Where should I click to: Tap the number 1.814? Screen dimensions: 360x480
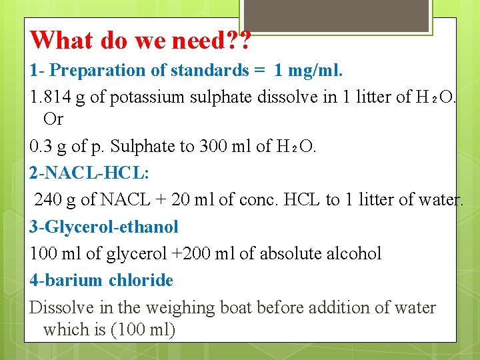[x=49, y=97]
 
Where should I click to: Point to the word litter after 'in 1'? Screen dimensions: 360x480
[x=369, y=97]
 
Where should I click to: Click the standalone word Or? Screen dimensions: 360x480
[x=53, y=119]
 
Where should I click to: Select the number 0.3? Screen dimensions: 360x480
[x=41, y=145]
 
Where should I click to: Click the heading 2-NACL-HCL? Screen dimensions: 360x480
[x=89, y=173]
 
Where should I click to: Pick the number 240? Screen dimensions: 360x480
[x=47, y=199]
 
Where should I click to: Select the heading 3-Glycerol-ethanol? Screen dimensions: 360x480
[x=104, y=227]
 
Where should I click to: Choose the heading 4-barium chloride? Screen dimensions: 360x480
[x=101, y=280]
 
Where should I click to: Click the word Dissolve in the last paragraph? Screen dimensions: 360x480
[x=58, y=307]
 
